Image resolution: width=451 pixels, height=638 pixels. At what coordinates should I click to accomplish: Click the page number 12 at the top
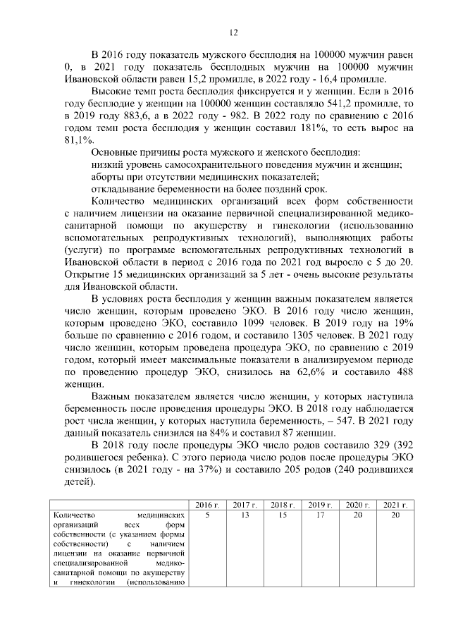pyautogui.click(x=233, y=32)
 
